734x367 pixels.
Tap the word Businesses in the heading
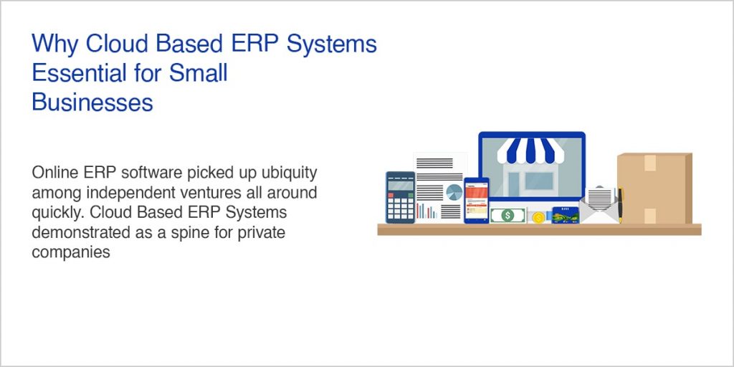point(92,103)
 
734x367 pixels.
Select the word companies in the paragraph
point(70,252)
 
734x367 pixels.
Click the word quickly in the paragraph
point(57,213)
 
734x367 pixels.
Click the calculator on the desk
point(400,197)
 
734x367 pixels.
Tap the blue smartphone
point(476,200)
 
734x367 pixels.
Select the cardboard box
point(654,189)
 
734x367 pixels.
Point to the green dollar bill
point(507,215)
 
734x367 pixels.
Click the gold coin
point(538,217)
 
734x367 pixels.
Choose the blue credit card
point(565,214)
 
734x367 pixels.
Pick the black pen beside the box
point(620,205)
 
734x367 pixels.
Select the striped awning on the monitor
point(531,150)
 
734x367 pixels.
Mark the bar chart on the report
point(426,211)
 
